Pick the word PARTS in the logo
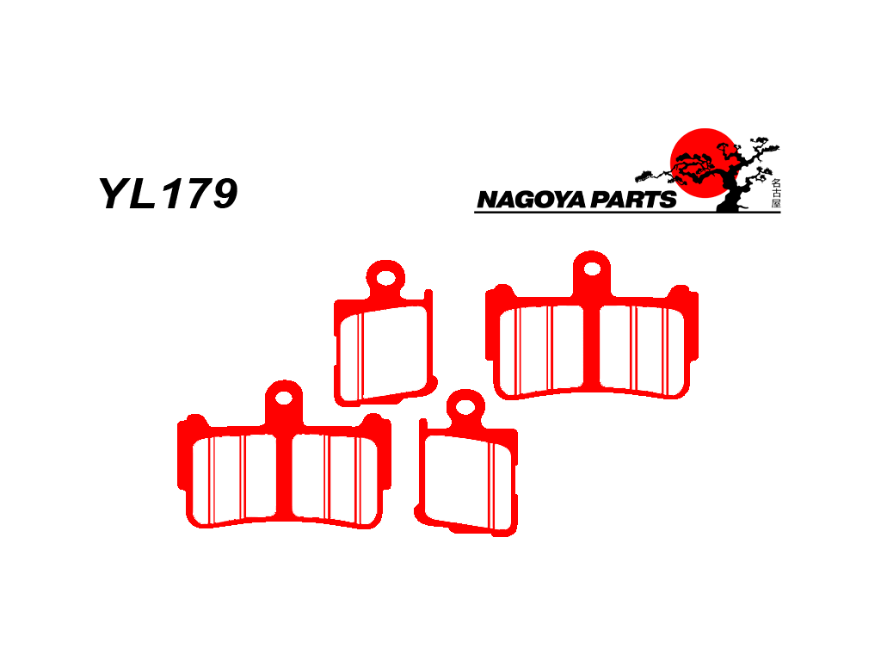tap(632, 200)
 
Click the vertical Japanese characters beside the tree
tap(776, 194)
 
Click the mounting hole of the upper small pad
tap(386, 278)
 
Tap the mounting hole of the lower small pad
tap(465, 407)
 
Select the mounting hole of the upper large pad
tap(592, 269)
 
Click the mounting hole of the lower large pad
tap(284, 398)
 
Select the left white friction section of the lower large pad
tap(234, 479)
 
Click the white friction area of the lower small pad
tap(468, 482)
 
